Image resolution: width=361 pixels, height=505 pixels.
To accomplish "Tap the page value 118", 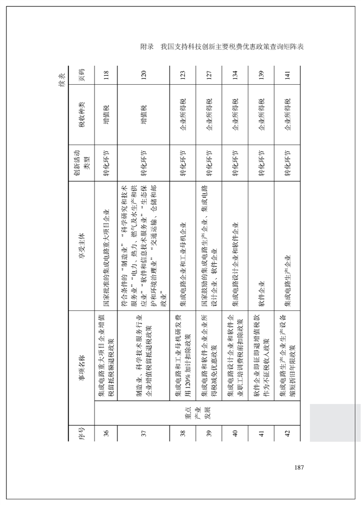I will (107, 75).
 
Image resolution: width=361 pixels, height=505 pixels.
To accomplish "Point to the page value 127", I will (209, 75).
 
